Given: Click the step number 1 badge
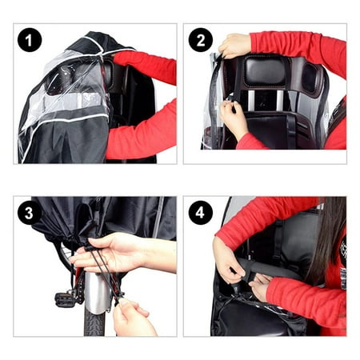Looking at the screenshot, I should [30, 40].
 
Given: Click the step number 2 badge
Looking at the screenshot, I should [200, 40].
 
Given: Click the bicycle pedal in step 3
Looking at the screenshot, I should [65, 299].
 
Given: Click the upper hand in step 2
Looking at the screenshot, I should [234, 46].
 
